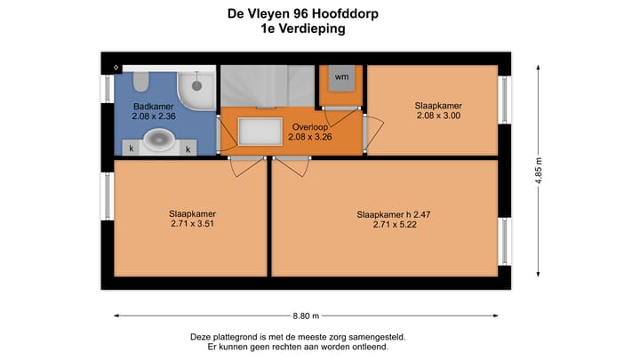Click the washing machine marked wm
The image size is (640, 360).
pyautogui.click(x=341, y=77)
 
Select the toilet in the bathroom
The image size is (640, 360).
pyautogui.click(x=140, y=81)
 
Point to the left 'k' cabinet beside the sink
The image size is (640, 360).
pyautogui.click(x=132, y=148)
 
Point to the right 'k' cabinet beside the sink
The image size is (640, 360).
pyautogui.click(x=189, y=148)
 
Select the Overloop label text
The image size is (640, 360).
pyautogui.click(x=310, y=128)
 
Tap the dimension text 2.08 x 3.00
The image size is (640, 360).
pyautogui.click(x=438, y=116)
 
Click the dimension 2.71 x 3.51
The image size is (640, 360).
pyautogui.click(x=193, y=224)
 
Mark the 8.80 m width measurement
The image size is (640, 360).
pyautogui.click(x=305, y=315)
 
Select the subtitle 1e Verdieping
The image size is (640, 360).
pyautogui.click(x=297, y=28)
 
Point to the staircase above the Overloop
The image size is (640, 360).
pyautogui.click(x=265, y=86)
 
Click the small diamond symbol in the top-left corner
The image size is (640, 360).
pyautogui.click(x=115, y=68)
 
